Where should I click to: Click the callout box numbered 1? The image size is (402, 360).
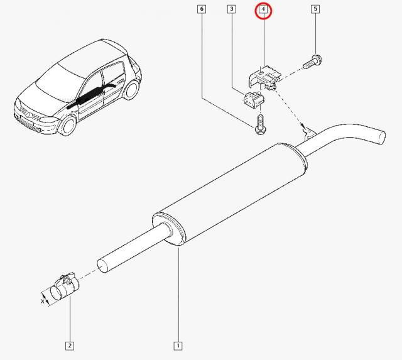[178, 346]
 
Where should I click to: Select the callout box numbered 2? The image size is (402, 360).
[70, 346]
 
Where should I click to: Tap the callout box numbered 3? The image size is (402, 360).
[232, 9]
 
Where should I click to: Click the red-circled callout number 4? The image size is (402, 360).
[263, 11]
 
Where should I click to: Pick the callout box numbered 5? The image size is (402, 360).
[315, 9]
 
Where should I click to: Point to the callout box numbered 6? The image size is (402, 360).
[202, 9]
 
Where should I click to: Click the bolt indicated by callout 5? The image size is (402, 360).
[313, 62]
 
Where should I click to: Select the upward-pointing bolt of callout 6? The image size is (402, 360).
[260, 125]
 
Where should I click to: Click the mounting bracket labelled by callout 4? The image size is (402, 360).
[264, 77]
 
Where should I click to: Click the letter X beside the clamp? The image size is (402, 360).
[43, 301]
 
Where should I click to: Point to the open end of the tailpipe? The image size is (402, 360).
[381, 137]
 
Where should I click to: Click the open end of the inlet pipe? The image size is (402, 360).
[103, 266]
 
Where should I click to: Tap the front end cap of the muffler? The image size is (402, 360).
[169, 229]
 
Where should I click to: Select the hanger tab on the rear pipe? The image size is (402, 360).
[310, 134]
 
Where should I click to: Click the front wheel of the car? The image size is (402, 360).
[67, 126]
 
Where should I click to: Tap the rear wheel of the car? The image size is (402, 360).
[132, 89]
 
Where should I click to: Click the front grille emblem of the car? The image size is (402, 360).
[28, 114]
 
